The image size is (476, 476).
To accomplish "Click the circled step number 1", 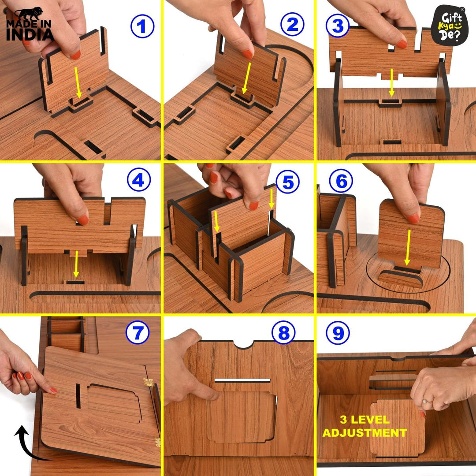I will click(x=142, y=26).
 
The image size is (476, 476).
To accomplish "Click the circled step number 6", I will click(x=341, y=182).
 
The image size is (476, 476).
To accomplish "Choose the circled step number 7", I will click(x=138, y=333).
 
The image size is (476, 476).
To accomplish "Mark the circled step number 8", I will click(x=283, y=334).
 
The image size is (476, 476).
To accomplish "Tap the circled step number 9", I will click(x=338, y=333).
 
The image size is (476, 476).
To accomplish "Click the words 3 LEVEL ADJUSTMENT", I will click(x=364, y=426).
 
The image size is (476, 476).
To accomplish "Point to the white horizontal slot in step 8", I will click(x=242, y=380).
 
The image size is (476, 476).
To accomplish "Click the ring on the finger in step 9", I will click(x=426, y=401).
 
